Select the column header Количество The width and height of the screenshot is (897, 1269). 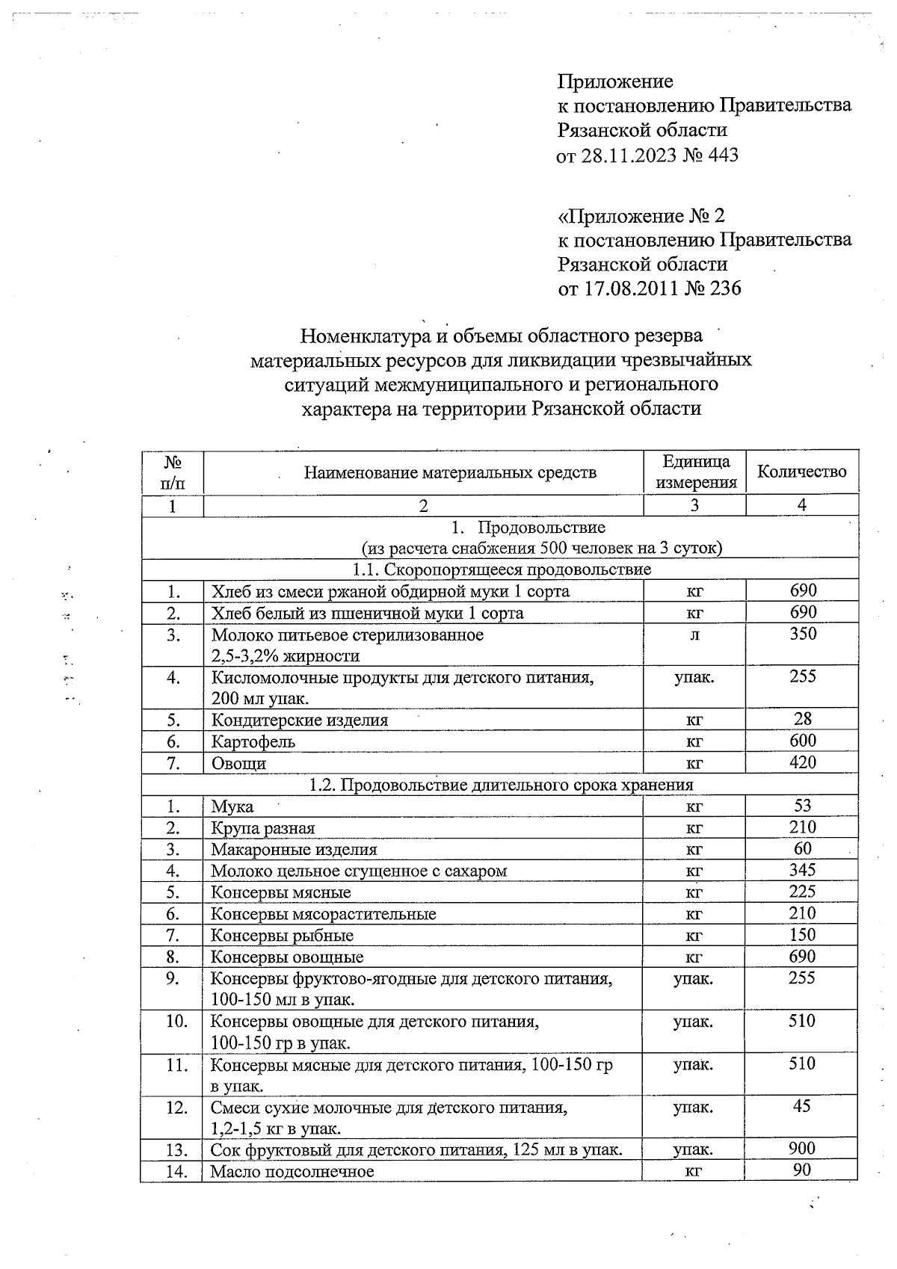pyautogui.click(x=801, y=472)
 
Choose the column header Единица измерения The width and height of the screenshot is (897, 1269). pyautogui.click(x=695, y=472)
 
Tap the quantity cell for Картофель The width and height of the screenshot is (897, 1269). pyautogui.click(x=802, y=741)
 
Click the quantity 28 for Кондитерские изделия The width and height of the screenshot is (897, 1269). pyautogui.click(x=802, y=719)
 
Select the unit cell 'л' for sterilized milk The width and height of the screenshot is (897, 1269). pyautogui.click(x=694, y=634)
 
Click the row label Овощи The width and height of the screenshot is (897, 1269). pyautogui.click(x=238, y=763)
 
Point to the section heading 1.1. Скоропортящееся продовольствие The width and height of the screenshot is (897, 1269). pyautogui.click(x=502, y=569)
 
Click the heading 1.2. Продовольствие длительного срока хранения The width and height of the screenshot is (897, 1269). pyautogui.click(x=502, y=785)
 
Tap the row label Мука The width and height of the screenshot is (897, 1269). pyautogui.click(x=232, y=806)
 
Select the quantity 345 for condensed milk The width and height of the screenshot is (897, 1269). pyautogui.click(x=802, y=870)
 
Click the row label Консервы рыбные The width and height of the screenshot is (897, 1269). pyautogui.click(x=282, y=936)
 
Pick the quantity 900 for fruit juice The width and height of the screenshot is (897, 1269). pyautogui.click(x=802, y=1149)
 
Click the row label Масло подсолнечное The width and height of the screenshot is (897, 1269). pyautogui.click(x=292, y=1171)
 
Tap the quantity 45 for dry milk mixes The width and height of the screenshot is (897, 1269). pyautogui.click(x=802, y=1106)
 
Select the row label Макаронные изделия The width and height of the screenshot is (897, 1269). pyautogui.click(x=294, y=850)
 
